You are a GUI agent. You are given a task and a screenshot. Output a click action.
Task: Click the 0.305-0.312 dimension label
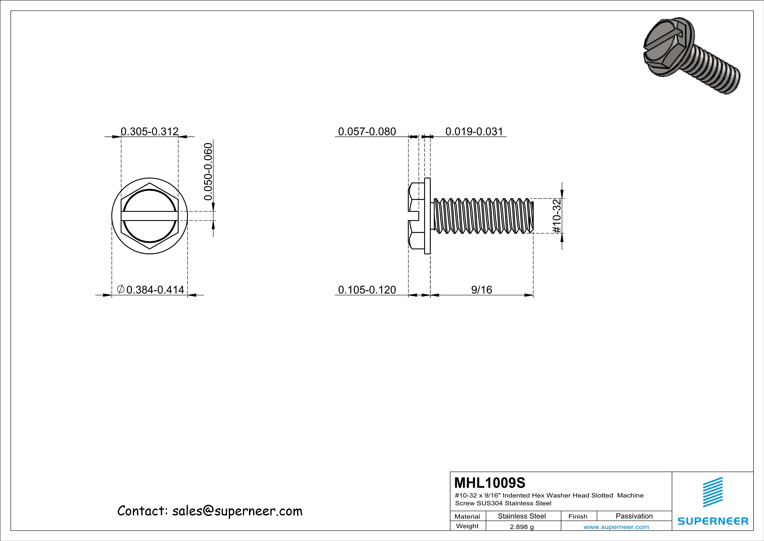[149, 132]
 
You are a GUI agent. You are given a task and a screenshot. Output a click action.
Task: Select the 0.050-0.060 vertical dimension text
[208, 171]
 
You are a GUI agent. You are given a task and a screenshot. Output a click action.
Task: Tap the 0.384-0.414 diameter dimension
[155, 290]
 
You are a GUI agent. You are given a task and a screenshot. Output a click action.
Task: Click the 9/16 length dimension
[481, 290]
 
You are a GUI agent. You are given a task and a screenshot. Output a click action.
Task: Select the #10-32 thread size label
[557, 216]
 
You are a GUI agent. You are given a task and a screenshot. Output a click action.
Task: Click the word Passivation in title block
[634, 516]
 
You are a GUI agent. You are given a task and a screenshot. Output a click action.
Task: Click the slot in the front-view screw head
[149, 216]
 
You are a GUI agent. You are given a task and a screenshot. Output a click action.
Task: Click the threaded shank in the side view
[483, 216]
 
